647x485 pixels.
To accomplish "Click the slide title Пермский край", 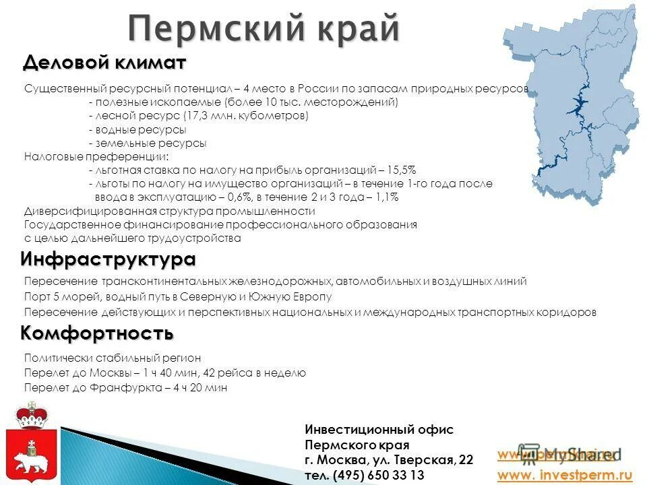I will (264, 29).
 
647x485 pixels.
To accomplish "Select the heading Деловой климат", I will (104, 63).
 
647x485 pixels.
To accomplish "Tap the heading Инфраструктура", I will (108, 259).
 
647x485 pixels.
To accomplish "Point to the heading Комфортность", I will (97, 333).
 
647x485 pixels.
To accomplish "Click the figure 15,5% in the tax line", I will (401, 170).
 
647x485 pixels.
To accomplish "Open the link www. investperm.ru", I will (565, 476).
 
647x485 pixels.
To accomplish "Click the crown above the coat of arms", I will (30, 414).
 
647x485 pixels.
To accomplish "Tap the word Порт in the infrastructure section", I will (36, 296).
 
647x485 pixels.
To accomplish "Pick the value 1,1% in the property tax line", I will (386, 197).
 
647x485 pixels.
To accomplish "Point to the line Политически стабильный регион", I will (113, 358).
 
